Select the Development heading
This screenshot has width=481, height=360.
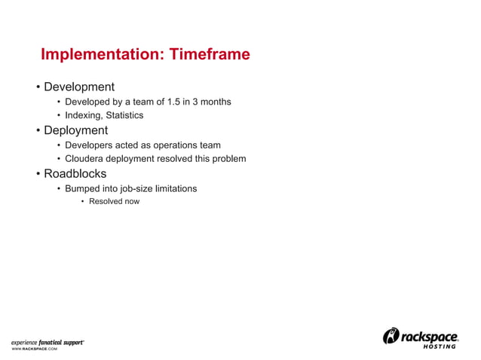pos(78,87)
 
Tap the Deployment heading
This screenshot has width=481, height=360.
pos(75,130)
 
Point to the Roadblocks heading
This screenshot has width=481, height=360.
pos(75,174)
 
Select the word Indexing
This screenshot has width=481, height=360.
pos(84,115)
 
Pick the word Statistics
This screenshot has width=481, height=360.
pos(124,115)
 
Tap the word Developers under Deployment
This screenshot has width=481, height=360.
pos(90,145)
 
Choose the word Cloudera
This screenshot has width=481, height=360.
pos(86,159)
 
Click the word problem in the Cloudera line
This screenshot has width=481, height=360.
pos(228,159)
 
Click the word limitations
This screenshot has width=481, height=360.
pos(179,188)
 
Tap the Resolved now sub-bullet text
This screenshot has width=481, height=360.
pos(114,202)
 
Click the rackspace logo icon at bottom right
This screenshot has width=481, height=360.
pos(392,336)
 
